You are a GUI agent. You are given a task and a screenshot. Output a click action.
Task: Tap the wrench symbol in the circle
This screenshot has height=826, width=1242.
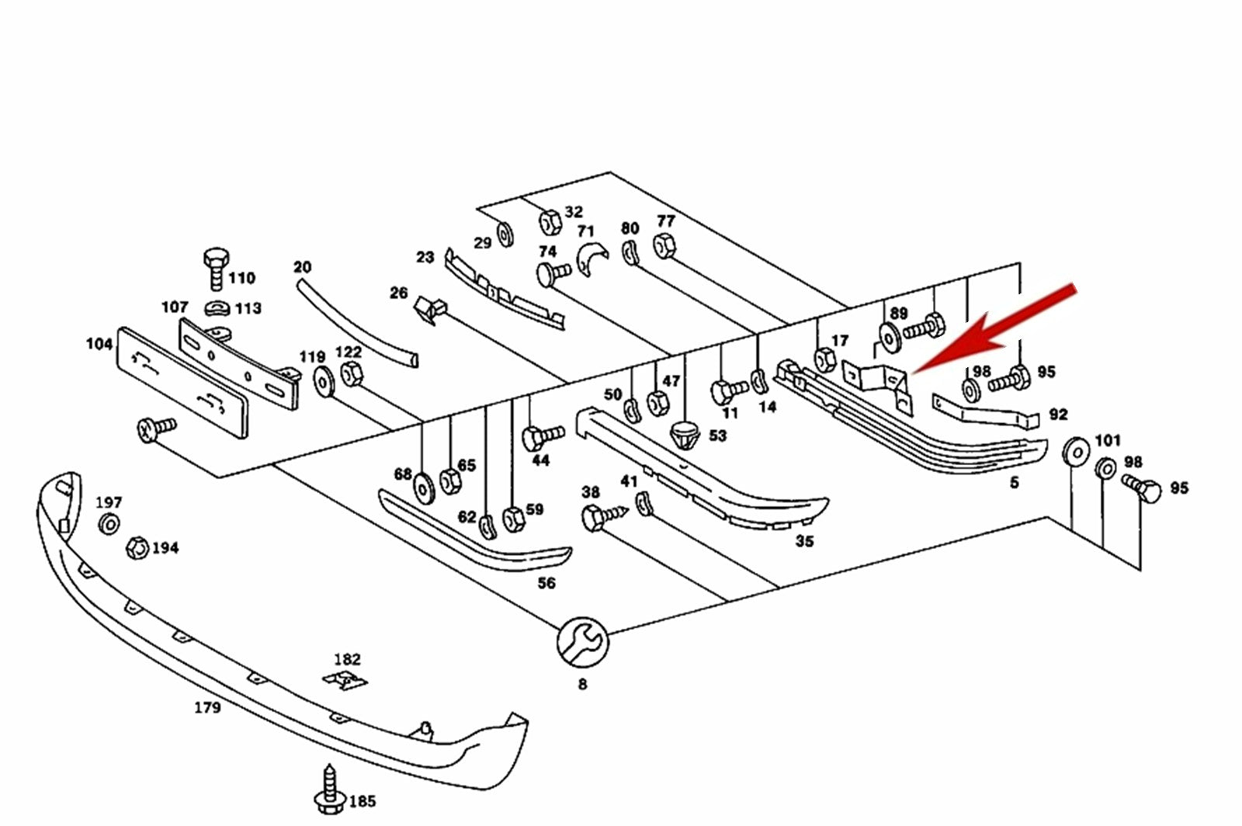582,643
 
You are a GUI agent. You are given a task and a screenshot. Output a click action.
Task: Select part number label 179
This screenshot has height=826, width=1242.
207,707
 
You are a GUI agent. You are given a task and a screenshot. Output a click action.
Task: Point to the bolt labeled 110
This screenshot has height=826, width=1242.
217,269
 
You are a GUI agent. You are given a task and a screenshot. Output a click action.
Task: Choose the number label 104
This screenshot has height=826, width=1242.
99,344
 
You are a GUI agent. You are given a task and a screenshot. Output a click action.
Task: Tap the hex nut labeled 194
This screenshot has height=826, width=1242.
137,548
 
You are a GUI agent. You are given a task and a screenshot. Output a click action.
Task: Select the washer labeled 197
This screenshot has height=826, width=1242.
109,524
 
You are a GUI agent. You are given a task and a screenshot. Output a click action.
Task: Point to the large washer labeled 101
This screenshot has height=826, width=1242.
1076,452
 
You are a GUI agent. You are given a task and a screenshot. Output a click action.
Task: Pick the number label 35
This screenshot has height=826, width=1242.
804,541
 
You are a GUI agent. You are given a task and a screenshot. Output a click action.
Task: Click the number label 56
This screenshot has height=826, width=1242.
546,583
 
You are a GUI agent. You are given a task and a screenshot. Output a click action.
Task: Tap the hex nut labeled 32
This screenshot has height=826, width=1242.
550,222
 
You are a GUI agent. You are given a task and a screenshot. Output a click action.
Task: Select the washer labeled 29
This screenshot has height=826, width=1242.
505,234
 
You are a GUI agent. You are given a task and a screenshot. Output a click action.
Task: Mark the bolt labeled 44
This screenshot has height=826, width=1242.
543,437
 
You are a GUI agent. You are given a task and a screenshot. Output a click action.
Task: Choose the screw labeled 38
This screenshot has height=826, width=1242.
605,517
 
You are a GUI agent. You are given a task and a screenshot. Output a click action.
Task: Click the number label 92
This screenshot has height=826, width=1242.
1058,415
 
